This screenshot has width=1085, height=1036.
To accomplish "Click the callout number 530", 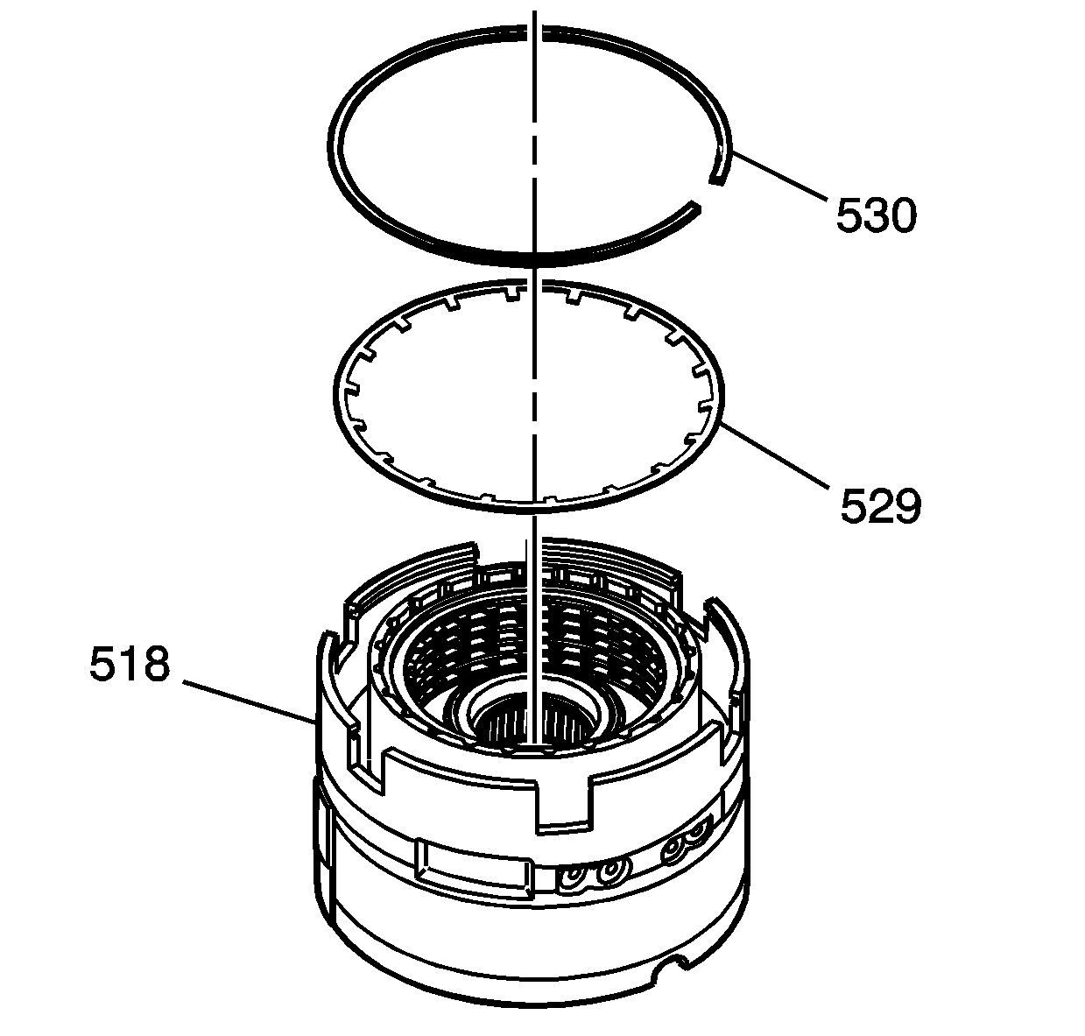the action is point(876,215).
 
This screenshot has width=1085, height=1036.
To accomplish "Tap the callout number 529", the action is point(880,505).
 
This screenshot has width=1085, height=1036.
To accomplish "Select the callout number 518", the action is point(130,664).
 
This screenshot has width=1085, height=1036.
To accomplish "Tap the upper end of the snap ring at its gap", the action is point(717,180).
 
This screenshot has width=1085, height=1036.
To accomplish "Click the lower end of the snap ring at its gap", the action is point(694,207).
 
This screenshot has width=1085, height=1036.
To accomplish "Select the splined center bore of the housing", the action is point(533,720).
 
